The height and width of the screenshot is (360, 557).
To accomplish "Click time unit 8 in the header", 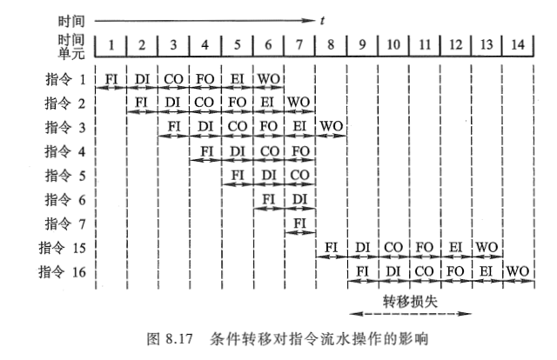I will click(331, 43).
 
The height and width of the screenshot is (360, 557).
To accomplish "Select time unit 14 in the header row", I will click(519, 43).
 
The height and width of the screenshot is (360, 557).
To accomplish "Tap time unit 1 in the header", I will click(111, 43).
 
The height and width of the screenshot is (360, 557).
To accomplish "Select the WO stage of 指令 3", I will click(331, 127).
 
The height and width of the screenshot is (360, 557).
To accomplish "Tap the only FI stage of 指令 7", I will click(299, 223).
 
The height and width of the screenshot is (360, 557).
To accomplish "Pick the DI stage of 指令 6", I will click(299, 199).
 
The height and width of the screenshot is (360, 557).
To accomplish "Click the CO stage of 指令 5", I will click(299, 176).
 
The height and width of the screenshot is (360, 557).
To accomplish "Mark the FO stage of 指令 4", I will click(299, 151).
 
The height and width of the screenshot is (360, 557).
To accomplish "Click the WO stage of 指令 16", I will click(519, 271).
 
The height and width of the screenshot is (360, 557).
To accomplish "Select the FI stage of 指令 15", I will click(331, 248).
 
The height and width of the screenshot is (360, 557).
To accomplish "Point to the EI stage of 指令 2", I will click(268, 103).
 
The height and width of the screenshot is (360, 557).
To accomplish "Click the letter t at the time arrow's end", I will click(321, 17).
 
